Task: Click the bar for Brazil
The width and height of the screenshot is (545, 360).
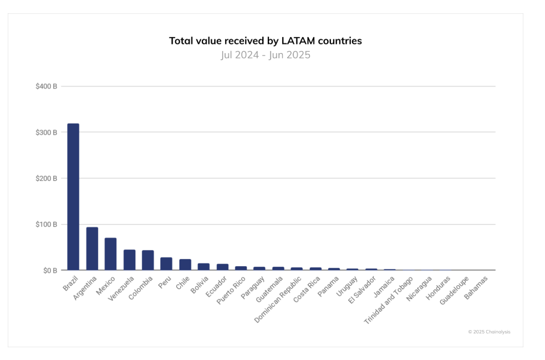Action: tap(73, 197)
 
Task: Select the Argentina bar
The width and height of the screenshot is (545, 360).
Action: tap(92, 249)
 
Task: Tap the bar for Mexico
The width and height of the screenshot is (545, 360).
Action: tap(110, 254)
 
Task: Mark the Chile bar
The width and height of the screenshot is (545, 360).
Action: tap(185, 265)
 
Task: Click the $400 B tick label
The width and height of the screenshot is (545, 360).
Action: tap(47, 87)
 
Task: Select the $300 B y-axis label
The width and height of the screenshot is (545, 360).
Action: tap(47, 133)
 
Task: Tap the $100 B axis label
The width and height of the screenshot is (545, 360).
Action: tap(47, 225)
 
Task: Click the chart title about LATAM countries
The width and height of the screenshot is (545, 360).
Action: tap(265, 41)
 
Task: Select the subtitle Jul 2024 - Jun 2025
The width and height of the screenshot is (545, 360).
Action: tap(265, 55)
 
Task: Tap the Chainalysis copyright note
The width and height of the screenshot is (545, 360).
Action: tap(489, 332)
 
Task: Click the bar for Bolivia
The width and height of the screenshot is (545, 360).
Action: tap(203, 267)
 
